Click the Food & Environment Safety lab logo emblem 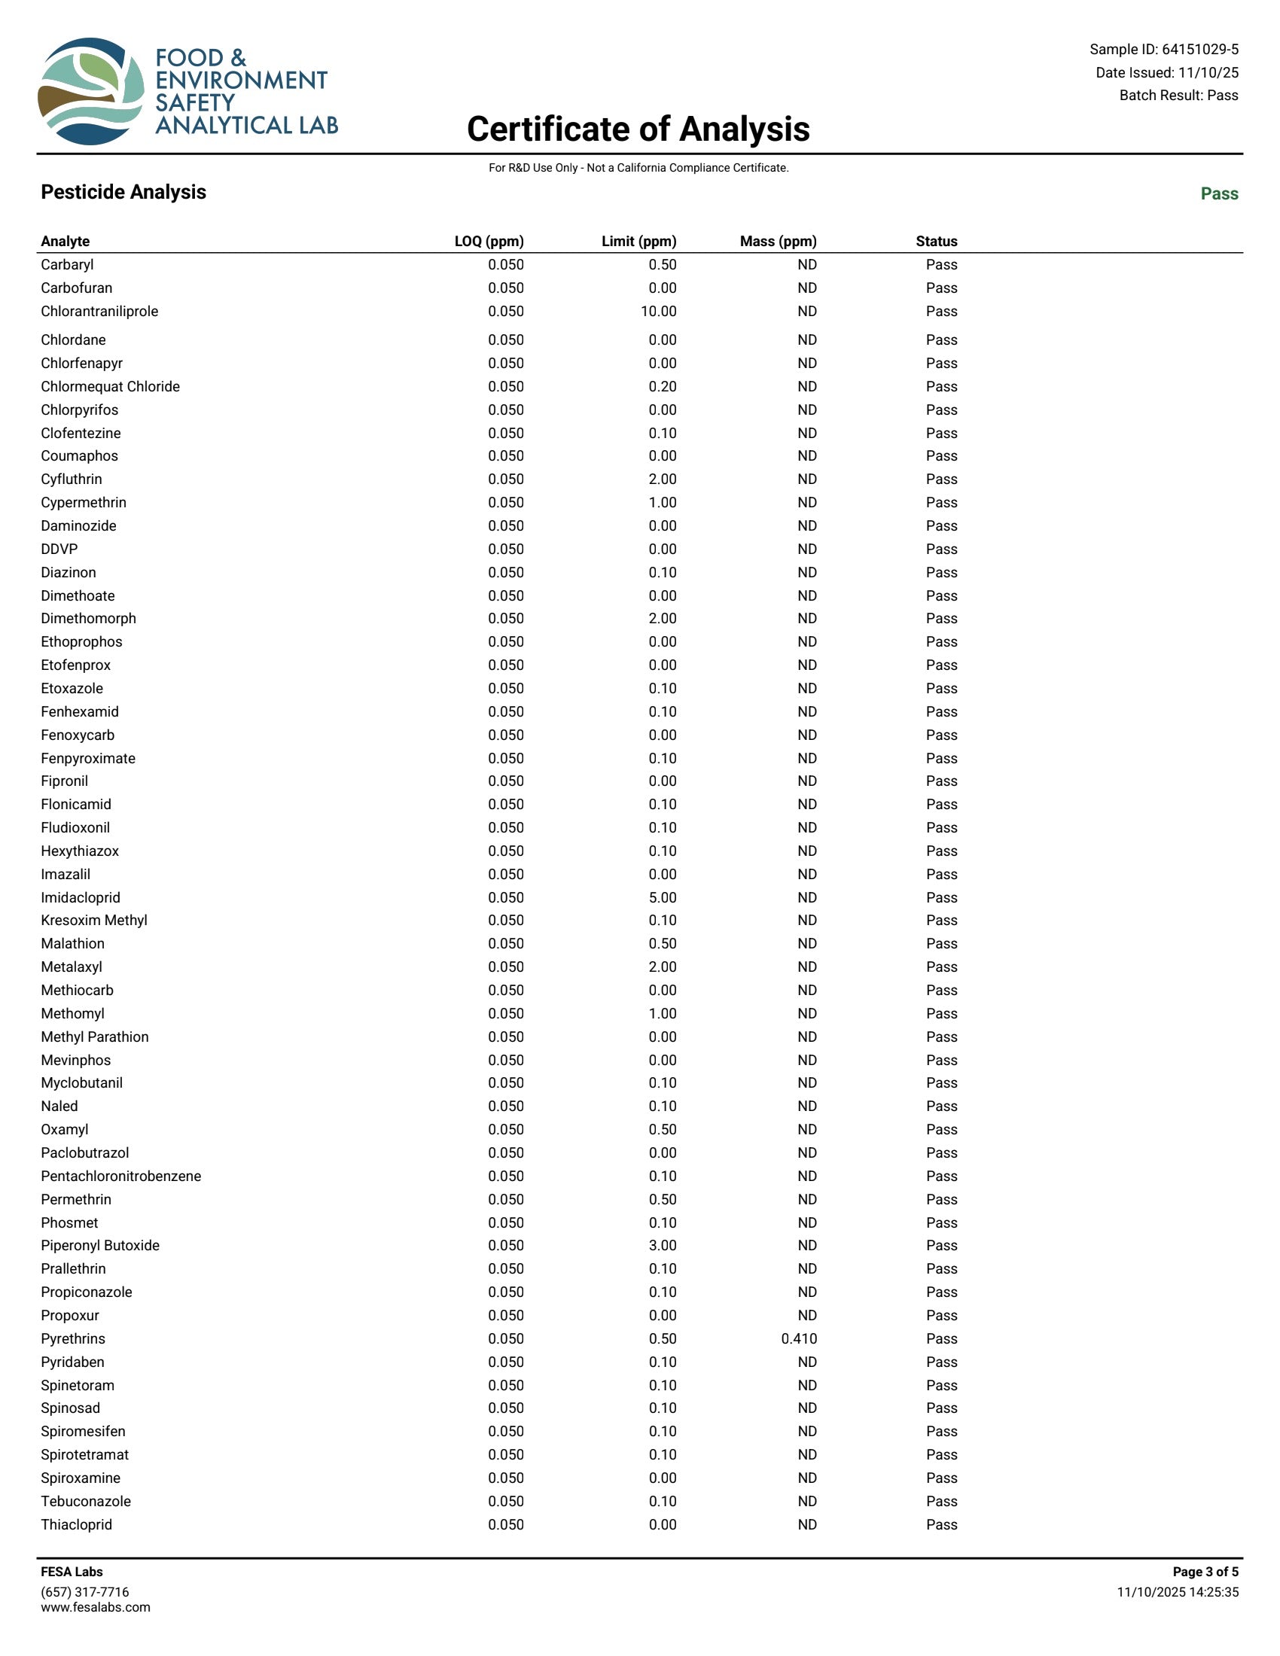[x=91, y=91]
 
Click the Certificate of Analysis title [x=638, y=129]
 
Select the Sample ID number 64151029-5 [x=1199, y=49]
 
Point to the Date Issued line [x=1166, y=73]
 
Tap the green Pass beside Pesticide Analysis [x=1218, y=193]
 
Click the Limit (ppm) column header [x=638, y=241]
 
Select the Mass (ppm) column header [x=778, y=241]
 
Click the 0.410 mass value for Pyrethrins [x=798, y=1338]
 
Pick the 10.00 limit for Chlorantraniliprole [x=658, y=311]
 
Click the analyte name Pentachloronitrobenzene [x=121, y=1176]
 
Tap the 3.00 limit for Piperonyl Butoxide [x=662, y=1245]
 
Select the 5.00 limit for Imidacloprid [x=662, y=897]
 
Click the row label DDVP [x=59, y=549]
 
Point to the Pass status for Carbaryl [x=941, y=265]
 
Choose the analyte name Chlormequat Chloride [x=111, y=387]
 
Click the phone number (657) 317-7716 [x=85, y=1591]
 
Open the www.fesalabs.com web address [x=96, y=1607]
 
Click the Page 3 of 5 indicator [x=1205, y=1572]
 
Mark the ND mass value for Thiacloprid [x=807, y=1524]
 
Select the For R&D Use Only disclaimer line [x=638, y=168]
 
